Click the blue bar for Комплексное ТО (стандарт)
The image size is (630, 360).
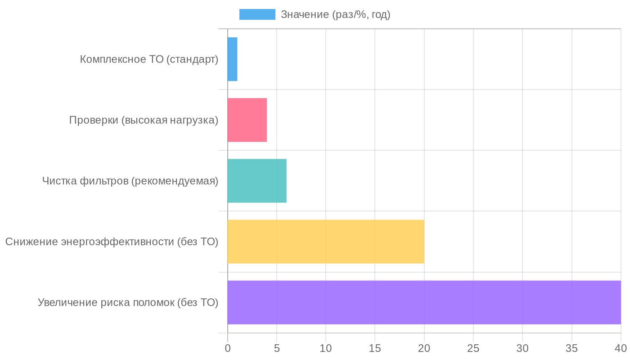[x=232, y=59]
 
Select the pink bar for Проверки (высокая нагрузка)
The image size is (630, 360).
[x=247, y=120]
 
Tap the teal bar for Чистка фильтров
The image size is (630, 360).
[x=257, y=181]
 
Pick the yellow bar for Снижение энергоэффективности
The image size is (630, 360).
[x=326, y=242]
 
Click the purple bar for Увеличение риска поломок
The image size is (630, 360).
[x=424, y=302]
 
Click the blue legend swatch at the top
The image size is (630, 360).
[x=257, y=14]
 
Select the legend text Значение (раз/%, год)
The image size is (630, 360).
[x=335, y=14]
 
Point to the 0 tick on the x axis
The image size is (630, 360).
[x=228, y=348]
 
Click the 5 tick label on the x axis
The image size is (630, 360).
[x=277, y=348]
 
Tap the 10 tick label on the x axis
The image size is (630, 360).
[x=326, y=348]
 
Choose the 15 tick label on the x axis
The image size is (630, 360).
[x=375, y=348]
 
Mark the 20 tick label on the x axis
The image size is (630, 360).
[x=424, y=348]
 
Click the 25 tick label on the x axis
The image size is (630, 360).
[x=473, y=348]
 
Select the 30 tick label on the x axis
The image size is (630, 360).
[x=522, y=348]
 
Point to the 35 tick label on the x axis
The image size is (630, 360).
[x=571, y=348]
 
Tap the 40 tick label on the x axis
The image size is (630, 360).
[x=621, y=348]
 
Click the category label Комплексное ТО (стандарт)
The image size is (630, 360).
[x=149, y=59]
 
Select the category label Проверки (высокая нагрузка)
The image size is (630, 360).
[x=144, y=120]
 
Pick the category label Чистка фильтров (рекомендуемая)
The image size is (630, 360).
[x=130, y=181]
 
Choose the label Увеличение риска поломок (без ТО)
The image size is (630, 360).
[x=128, y=302]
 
